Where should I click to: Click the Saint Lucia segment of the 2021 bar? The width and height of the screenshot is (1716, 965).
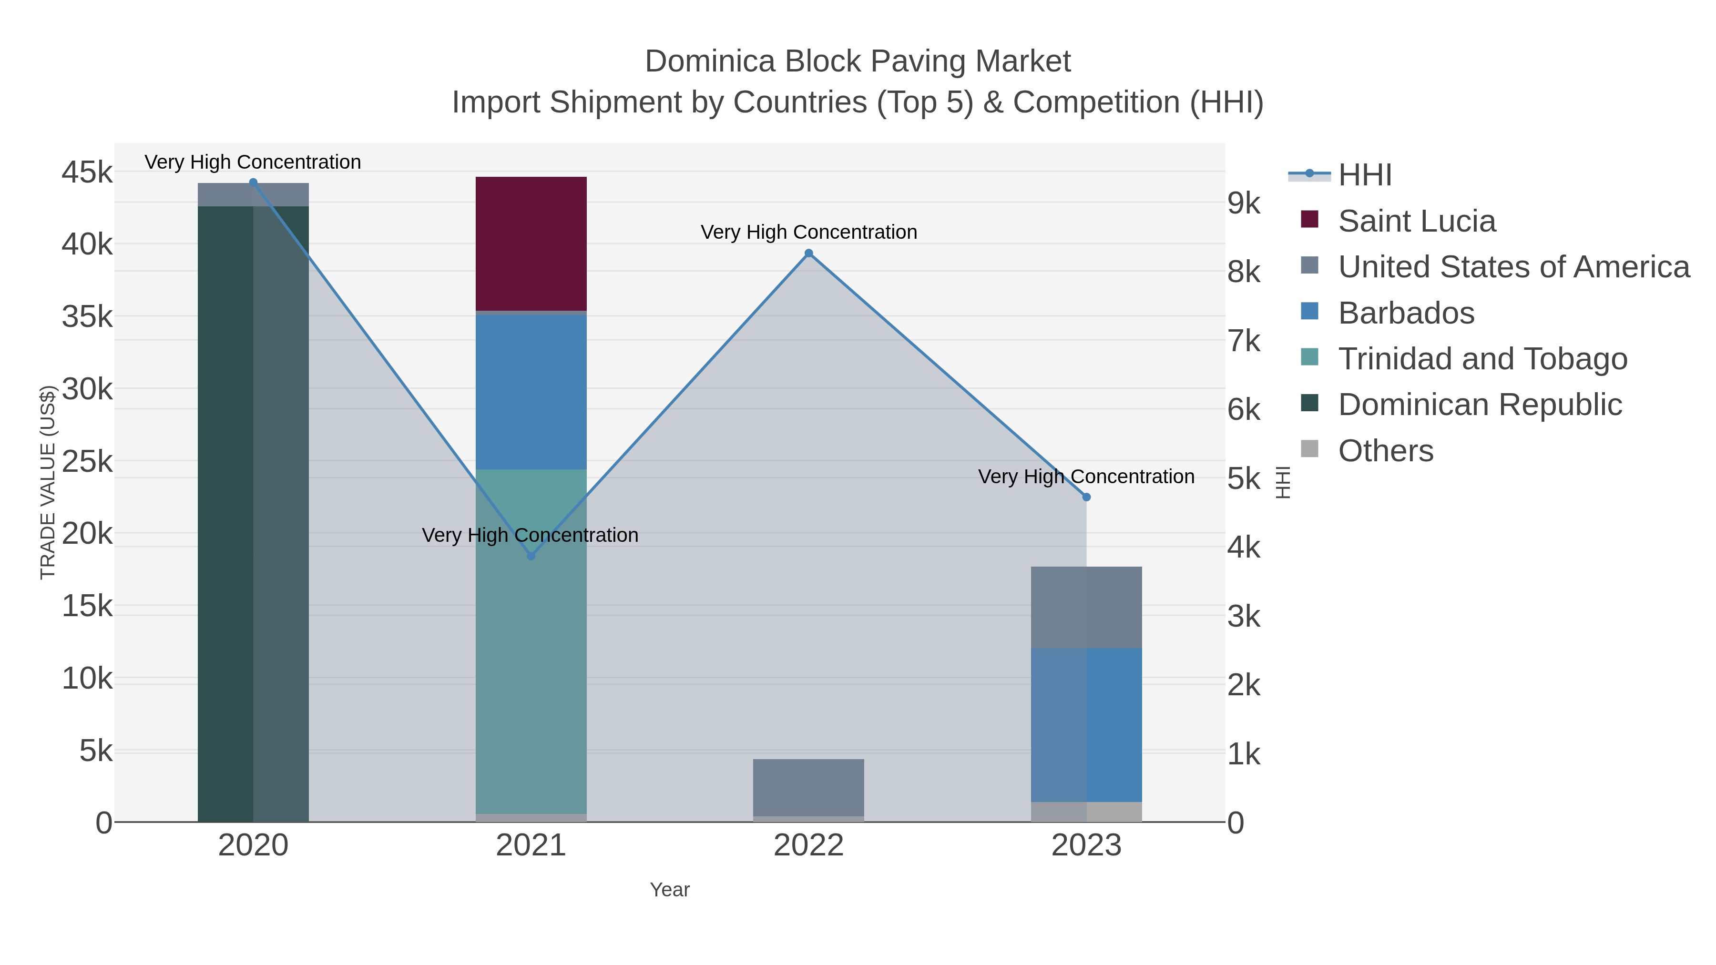pyautogui.click(x=531, y=243)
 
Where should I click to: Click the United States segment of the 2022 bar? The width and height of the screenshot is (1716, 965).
pyautogui.click(x=808, y=787)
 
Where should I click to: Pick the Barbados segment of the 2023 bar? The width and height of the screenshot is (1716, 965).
pyautogui.click(x=1086, y=724)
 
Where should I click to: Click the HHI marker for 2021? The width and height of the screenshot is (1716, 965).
pyautogui.click(x=531, y=556)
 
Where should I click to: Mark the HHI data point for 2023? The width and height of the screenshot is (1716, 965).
pyautogui.click(x=1086, y=497)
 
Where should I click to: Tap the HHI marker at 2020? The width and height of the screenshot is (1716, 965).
pyautogui.click(x=253, y=183)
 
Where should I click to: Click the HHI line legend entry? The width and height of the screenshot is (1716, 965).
pyautogui.click(x=1364, y=175)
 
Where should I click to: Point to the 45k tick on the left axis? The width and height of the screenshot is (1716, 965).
pyautogui.click(x=87, y=173)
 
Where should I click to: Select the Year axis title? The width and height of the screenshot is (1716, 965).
pyautogui.click(x=670, y=890)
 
